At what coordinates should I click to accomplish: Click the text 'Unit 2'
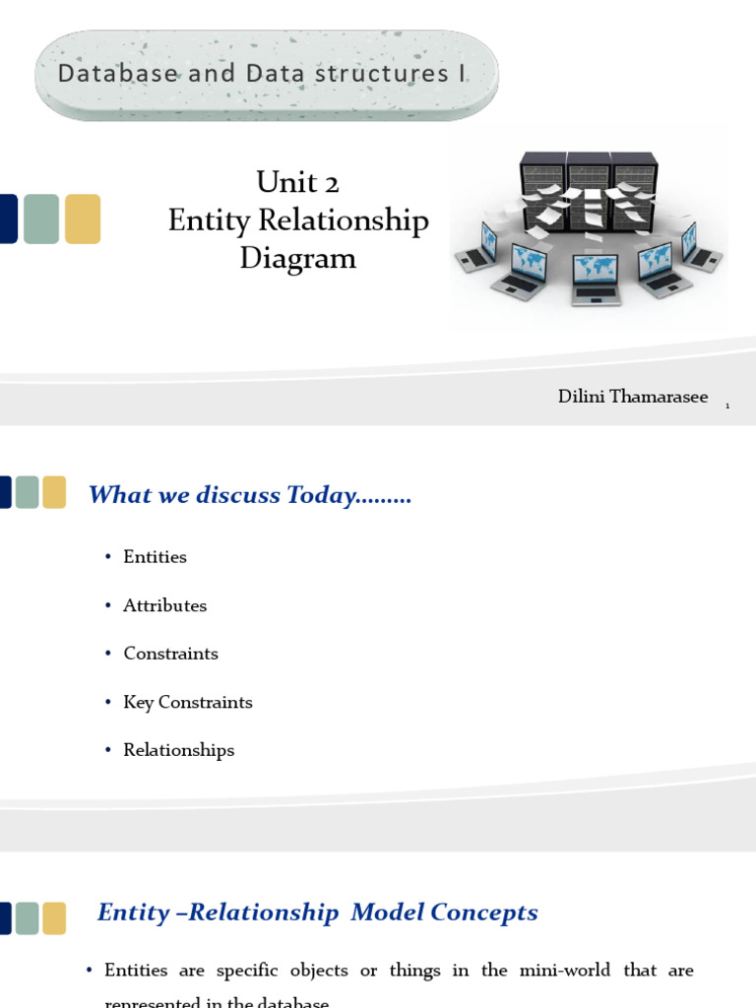click(x=297, y=183)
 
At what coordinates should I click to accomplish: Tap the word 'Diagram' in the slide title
click(x=297, y=259)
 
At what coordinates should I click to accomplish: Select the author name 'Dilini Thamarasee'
click(x=632, y=397)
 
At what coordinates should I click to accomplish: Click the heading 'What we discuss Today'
click(x=249, y=495)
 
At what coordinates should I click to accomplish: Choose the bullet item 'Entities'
click(x=155, y=557)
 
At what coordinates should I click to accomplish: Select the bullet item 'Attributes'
click(x=164, y=606)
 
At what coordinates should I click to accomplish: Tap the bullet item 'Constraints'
click(x=170, y=654)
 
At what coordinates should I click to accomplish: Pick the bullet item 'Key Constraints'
click(x=187, y=702)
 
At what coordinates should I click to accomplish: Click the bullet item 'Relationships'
click(x=178, y=750)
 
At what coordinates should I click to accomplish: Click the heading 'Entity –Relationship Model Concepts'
click(x=317, y=913)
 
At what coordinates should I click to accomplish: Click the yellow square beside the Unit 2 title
click(x=83, y=219)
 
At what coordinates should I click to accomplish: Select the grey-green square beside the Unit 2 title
click(x=41, y=219)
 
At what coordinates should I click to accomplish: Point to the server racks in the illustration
click(x=589, y=189)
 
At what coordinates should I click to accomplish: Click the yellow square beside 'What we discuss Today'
click(x=54, y=492)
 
